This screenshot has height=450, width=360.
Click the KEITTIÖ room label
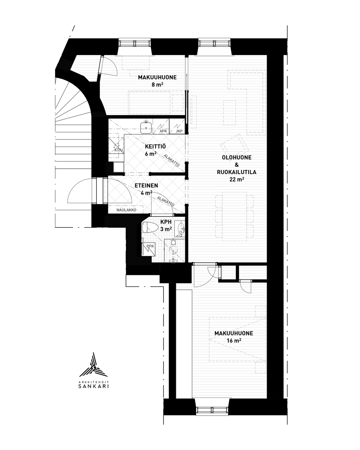pyautogui.click(x=155, y=146)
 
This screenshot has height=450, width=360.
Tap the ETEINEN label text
pyautogui.click(x=146, y=186)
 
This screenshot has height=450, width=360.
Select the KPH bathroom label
pyautogui.click(x=166, y=222)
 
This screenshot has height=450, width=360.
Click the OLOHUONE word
pyautogui.click(x=237, y=157)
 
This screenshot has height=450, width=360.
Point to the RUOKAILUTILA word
pyautogui.click(x=237, y=172)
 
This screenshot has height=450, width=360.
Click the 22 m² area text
pyautogui.click(x=237, y=179)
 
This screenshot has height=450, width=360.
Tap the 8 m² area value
pyautogui.click(x=157, y=85)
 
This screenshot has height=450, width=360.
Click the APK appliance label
pyautogui.click(x=163, y=131)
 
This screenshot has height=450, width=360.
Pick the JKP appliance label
pyautogui.click(x=179, y=131)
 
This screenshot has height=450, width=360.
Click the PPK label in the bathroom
pyautogui.click(x=150, y=246)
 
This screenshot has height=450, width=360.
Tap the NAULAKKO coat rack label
pyautogui.click(x=126, y=210)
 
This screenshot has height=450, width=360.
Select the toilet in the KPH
pyautogui.click(x=150, y=227)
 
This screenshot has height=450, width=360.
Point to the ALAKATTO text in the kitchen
pyautogui.click(x=172, y=160)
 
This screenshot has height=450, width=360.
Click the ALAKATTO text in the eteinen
pyautogui.click(x=165, y=201)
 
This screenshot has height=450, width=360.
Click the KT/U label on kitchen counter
pyautogui.click(x=118, y=150)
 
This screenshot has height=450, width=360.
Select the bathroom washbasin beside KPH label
pyautogui.click(x=180, y=228)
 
